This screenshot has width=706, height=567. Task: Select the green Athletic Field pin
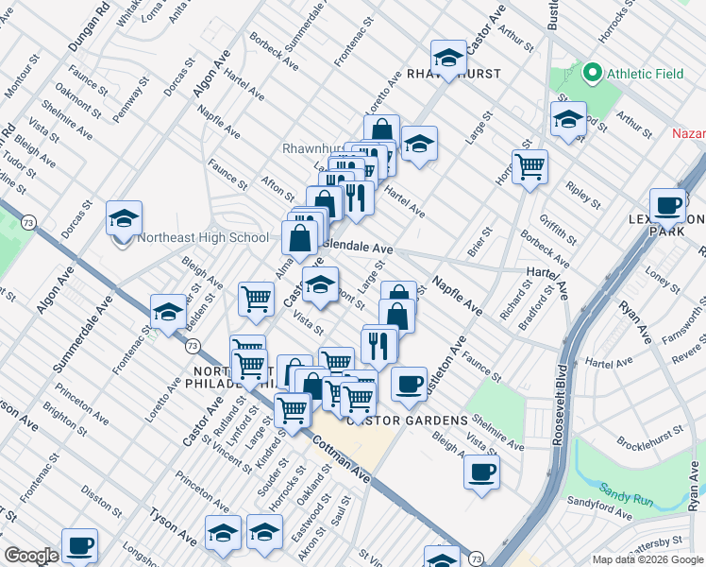[593, 72]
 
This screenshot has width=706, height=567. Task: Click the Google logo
[31, 556]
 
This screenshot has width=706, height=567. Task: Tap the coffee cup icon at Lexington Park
[668, 205]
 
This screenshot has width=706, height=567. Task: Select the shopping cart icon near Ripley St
[529, 166]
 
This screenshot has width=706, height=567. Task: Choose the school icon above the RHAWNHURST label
[448, 56]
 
